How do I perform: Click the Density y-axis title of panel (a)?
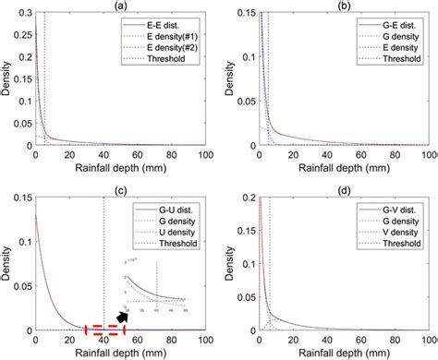(x=6, y=79)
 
